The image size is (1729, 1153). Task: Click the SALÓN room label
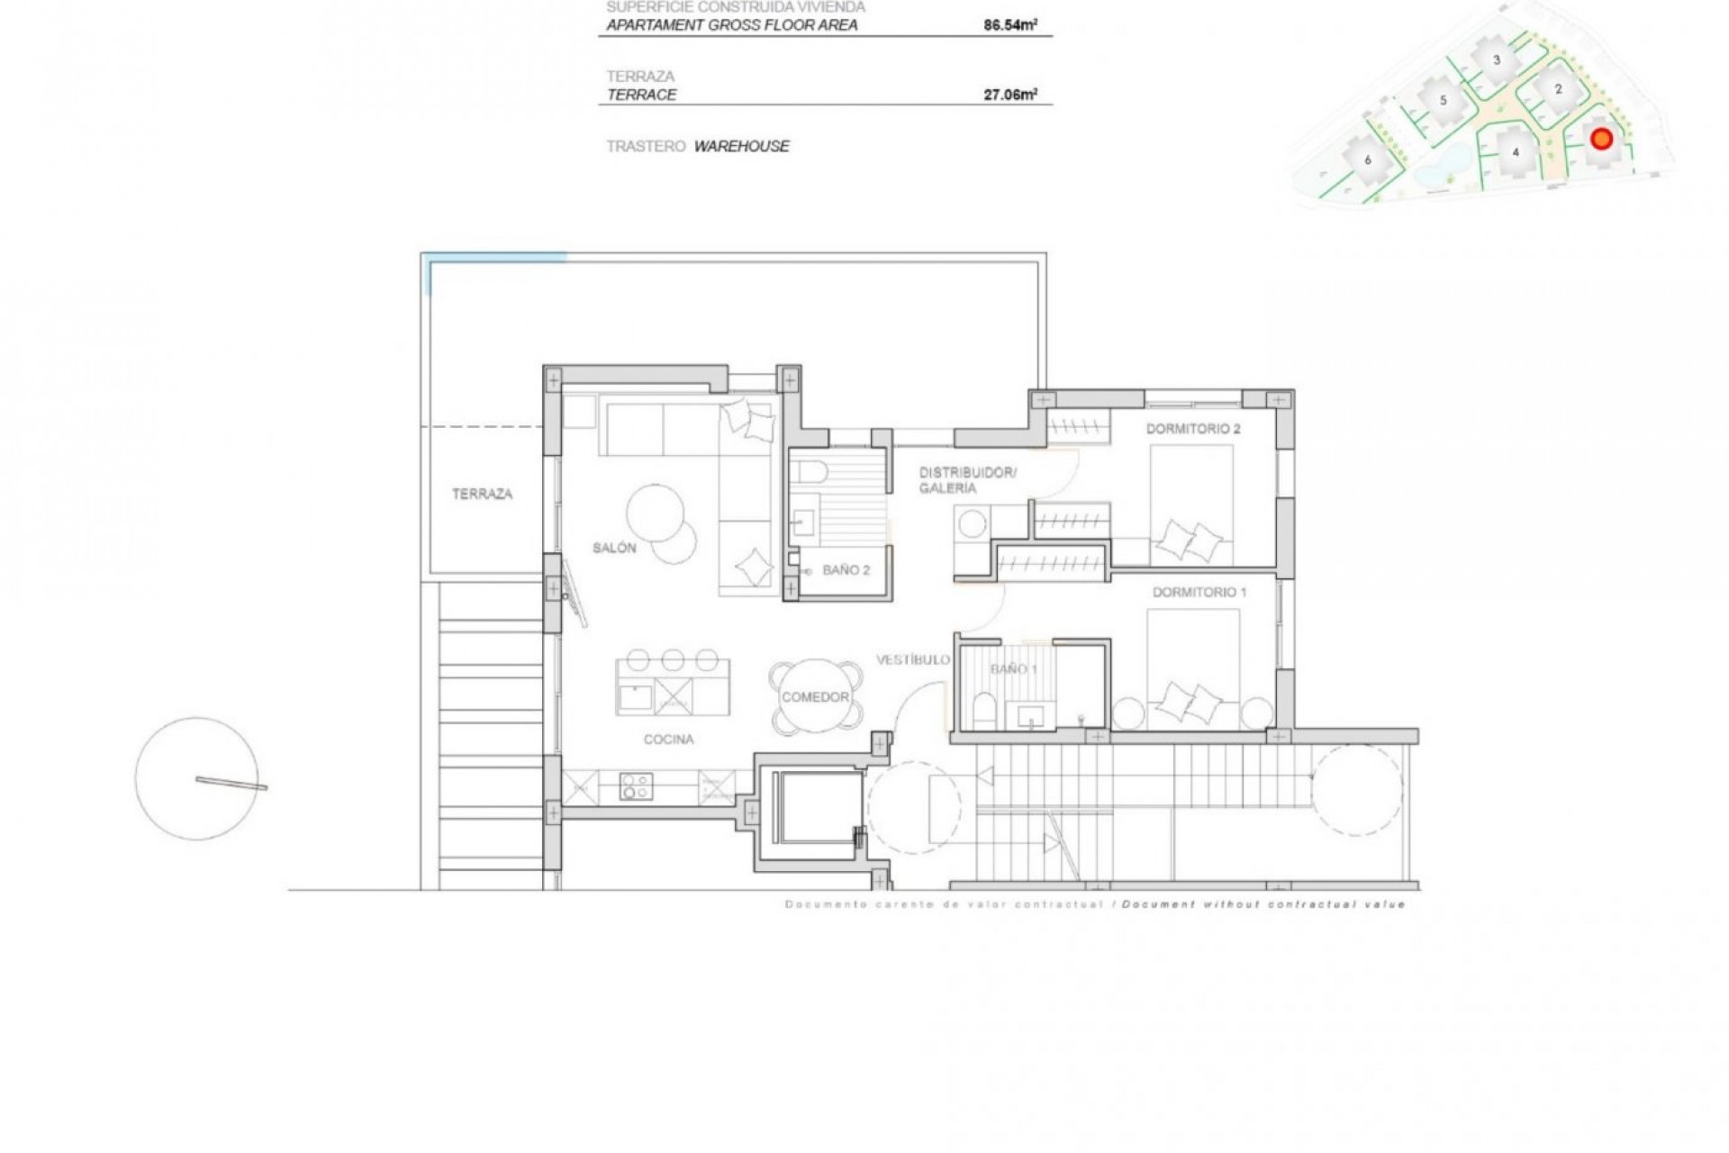[614, 548]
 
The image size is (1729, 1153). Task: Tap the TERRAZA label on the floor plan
[482, 494]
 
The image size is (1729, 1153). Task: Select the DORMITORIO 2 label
[1192, 429]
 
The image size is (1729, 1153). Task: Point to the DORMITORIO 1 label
[1199, 592]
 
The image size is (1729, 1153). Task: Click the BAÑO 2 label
[846, 570]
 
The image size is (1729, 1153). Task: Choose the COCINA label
[668, 740]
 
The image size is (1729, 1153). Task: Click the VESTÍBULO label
[913, 659]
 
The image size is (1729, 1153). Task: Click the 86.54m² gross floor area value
[1009, 25]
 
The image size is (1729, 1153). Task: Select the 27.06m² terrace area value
[1009, 95]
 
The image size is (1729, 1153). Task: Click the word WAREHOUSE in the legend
[741, 146]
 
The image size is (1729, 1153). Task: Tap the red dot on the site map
[1601, 139]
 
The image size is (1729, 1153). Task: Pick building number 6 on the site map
[1368, 160]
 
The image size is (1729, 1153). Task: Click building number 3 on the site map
[1497, 60]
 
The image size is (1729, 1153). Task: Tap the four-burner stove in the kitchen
[636, 786]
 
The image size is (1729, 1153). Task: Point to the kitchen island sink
[636, 697]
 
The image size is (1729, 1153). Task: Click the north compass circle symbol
[196, 778]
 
